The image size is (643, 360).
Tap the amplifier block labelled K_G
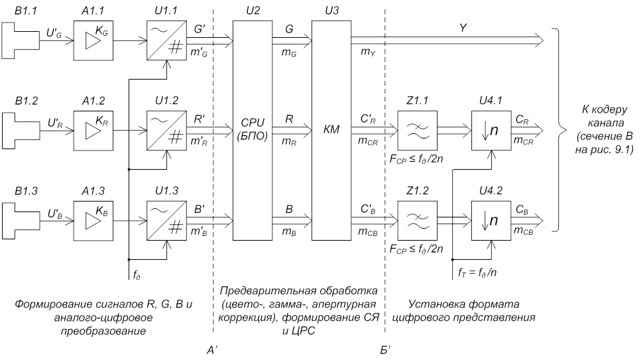pyautogui.click(x=93, y=40)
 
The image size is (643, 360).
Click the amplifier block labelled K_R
pyautogui.click(x=93, y=127)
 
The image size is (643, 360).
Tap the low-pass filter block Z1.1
pyautogui.click(x=416, y=127)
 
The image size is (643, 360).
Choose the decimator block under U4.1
pyautogui.click(x=490, y=127)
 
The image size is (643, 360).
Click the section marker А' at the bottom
pyautogui.click(x=213, y=349)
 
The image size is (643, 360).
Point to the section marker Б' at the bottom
pyautogui.click(x=385, y=349)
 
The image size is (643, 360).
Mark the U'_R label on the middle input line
pyautogui.click(x=55, y=122)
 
